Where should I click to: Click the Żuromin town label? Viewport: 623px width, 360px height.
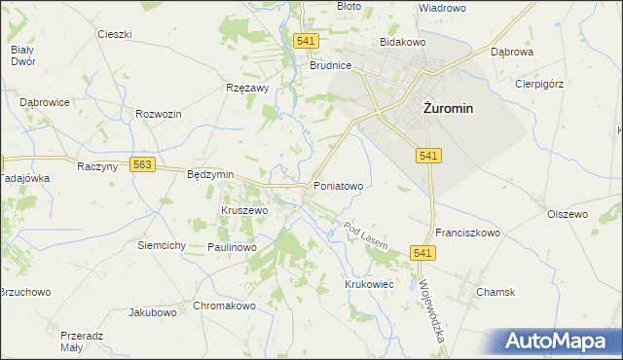point(448,109)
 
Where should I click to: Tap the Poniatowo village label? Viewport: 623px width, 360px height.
point(338,185)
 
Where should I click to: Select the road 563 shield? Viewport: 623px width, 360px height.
point(143,165)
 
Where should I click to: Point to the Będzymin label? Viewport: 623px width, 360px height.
point(210,174)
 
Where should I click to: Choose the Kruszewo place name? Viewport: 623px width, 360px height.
point(244,210)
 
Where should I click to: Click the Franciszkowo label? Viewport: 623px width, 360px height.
point(467,234)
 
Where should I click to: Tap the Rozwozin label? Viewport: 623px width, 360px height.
point(160,114)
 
